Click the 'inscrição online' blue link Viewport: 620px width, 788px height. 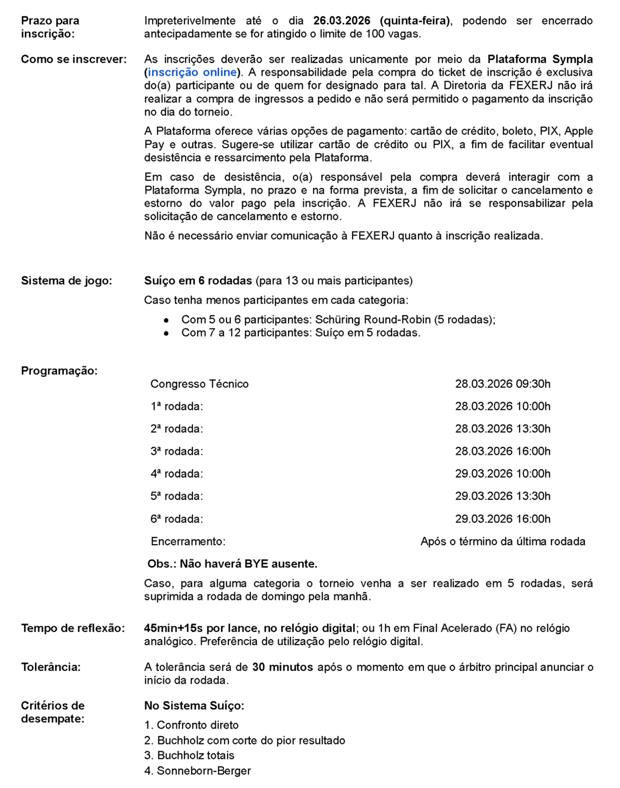(192, 72)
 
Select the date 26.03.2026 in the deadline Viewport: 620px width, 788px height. (342, 21)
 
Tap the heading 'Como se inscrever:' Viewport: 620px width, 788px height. (74, 59)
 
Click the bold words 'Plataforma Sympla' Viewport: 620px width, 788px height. (540, 59)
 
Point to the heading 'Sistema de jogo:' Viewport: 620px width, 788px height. (67, 281)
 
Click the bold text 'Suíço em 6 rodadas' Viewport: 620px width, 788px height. (198, 281)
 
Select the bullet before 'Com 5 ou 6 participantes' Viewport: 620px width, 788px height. (166, 320)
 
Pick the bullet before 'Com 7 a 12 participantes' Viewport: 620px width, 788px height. (166, 333)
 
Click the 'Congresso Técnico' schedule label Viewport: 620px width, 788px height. (200, 384)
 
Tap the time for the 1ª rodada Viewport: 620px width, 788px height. (503, 406)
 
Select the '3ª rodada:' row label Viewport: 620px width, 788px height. (177, 451)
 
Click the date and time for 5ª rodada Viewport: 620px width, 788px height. (503, 496)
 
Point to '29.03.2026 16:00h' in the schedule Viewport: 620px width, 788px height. (503, 519)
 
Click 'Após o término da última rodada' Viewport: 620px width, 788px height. (503, 541)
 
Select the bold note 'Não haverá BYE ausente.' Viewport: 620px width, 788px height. (248, 564)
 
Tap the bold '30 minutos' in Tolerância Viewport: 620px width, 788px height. (282, 667)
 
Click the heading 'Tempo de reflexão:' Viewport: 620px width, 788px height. (73, 628)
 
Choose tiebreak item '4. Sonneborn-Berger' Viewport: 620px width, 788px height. (197, 771)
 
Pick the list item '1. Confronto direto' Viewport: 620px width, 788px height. (191, 725)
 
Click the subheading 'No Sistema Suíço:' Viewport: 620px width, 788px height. (194, 706)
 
